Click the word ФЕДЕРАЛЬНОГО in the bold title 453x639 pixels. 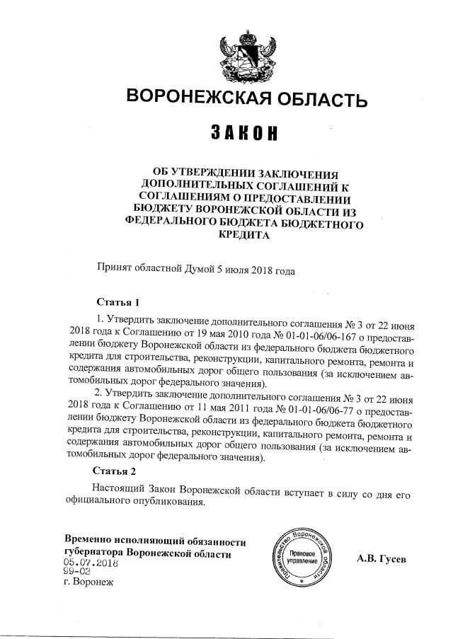[x=177, y=221]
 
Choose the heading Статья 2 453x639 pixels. [x=114, y=470]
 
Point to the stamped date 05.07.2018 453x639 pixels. [x=90, y=564]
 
